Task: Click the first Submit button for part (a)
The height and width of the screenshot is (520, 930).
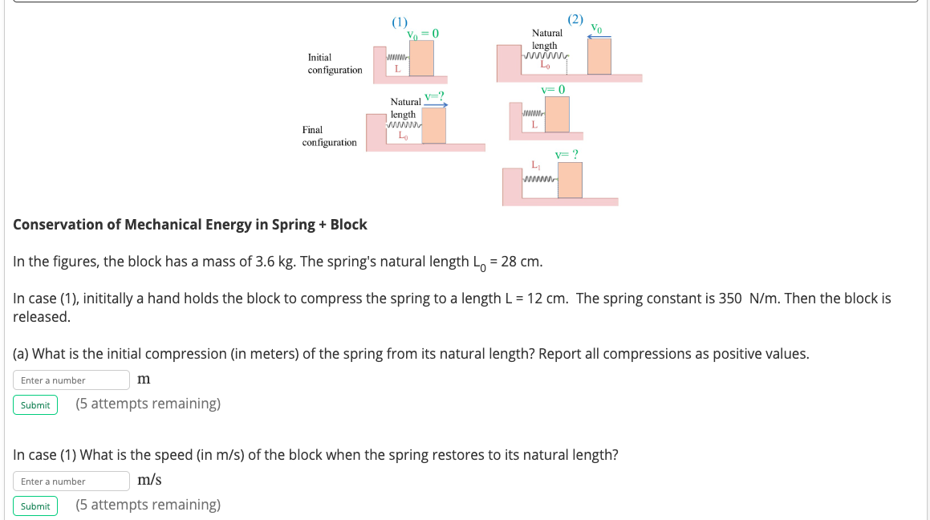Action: (35, 404)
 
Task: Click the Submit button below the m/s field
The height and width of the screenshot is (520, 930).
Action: (35, 506)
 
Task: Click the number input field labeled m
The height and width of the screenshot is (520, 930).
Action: (71, 380)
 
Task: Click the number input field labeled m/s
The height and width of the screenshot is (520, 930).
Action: (71, 481)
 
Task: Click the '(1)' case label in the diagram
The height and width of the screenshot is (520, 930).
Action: (400, 22)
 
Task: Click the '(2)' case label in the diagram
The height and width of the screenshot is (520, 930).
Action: (575, 18)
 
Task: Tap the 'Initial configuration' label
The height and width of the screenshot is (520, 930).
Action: (335, 63)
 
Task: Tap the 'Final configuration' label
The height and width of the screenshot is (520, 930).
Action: (329, 136)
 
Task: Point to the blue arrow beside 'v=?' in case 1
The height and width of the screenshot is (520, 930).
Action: (435, 104)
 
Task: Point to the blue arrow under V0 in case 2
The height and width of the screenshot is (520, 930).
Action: (599, 36)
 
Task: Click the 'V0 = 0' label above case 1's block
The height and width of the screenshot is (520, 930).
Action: (423, 34)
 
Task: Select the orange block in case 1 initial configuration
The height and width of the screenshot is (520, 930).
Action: (422, 58)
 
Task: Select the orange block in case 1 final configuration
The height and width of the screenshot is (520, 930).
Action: (434, 125)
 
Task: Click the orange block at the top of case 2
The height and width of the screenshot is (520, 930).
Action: (599, 56)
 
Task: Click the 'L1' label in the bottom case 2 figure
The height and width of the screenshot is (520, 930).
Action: (536, 165)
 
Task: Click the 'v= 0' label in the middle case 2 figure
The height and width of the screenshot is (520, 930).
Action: (553, 89)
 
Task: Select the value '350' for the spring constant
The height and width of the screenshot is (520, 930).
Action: (730, 299)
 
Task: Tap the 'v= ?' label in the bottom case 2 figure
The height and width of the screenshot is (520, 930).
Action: (567, 154)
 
